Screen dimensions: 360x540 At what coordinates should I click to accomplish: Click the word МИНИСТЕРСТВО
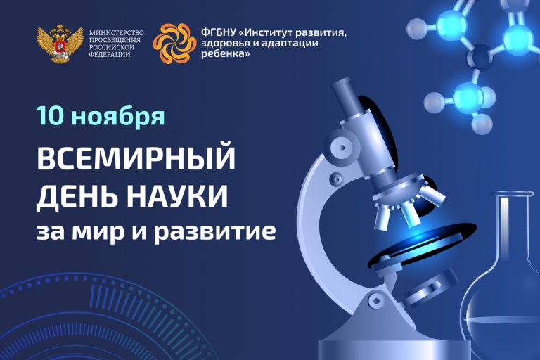point(116,33)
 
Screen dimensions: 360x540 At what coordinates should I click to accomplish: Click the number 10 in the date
point(51,116)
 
